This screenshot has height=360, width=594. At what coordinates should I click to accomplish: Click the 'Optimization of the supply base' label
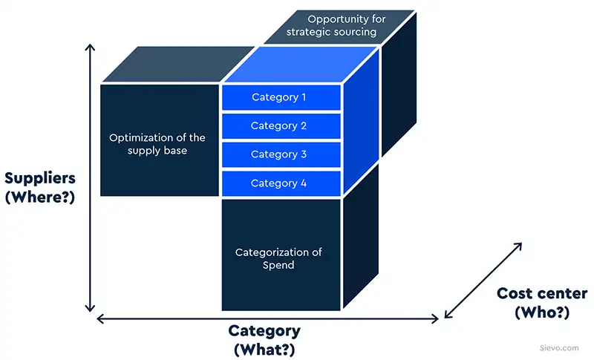(157, 144)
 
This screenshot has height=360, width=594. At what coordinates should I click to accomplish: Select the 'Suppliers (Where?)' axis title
(40, 189)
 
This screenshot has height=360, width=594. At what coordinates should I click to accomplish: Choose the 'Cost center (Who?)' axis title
(542, 303)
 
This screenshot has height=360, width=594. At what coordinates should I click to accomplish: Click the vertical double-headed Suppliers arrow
(91, 178)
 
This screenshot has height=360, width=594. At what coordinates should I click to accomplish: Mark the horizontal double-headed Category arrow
(267, 319)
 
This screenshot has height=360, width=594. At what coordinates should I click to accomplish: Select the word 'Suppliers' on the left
(40, 179)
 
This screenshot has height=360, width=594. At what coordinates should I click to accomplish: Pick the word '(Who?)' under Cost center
(542, 312)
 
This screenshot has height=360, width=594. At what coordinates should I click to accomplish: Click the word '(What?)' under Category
(264, 348)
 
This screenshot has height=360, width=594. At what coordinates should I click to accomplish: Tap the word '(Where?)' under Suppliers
(40, 198)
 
